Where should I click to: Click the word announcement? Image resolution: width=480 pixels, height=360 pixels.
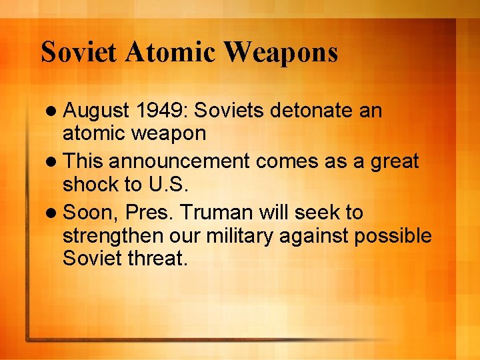click(189, 161)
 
